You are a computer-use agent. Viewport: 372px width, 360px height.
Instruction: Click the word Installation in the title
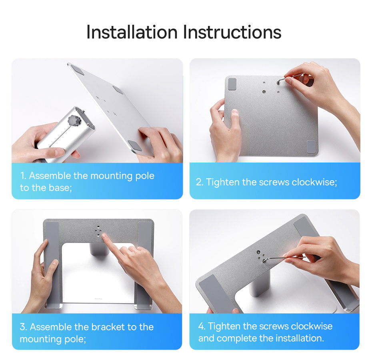(x=132, y=32)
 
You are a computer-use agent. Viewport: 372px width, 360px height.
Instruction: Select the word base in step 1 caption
(x=60, y=188)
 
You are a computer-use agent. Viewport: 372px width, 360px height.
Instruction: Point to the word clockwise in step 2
(x=314, y=182)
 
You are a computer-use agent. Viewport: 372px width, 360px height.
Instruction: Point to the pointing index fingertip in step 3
(x=105, y=237)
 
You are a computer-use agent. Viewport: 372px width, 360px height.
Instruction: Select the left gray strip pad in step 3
(x=52, y=260)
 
